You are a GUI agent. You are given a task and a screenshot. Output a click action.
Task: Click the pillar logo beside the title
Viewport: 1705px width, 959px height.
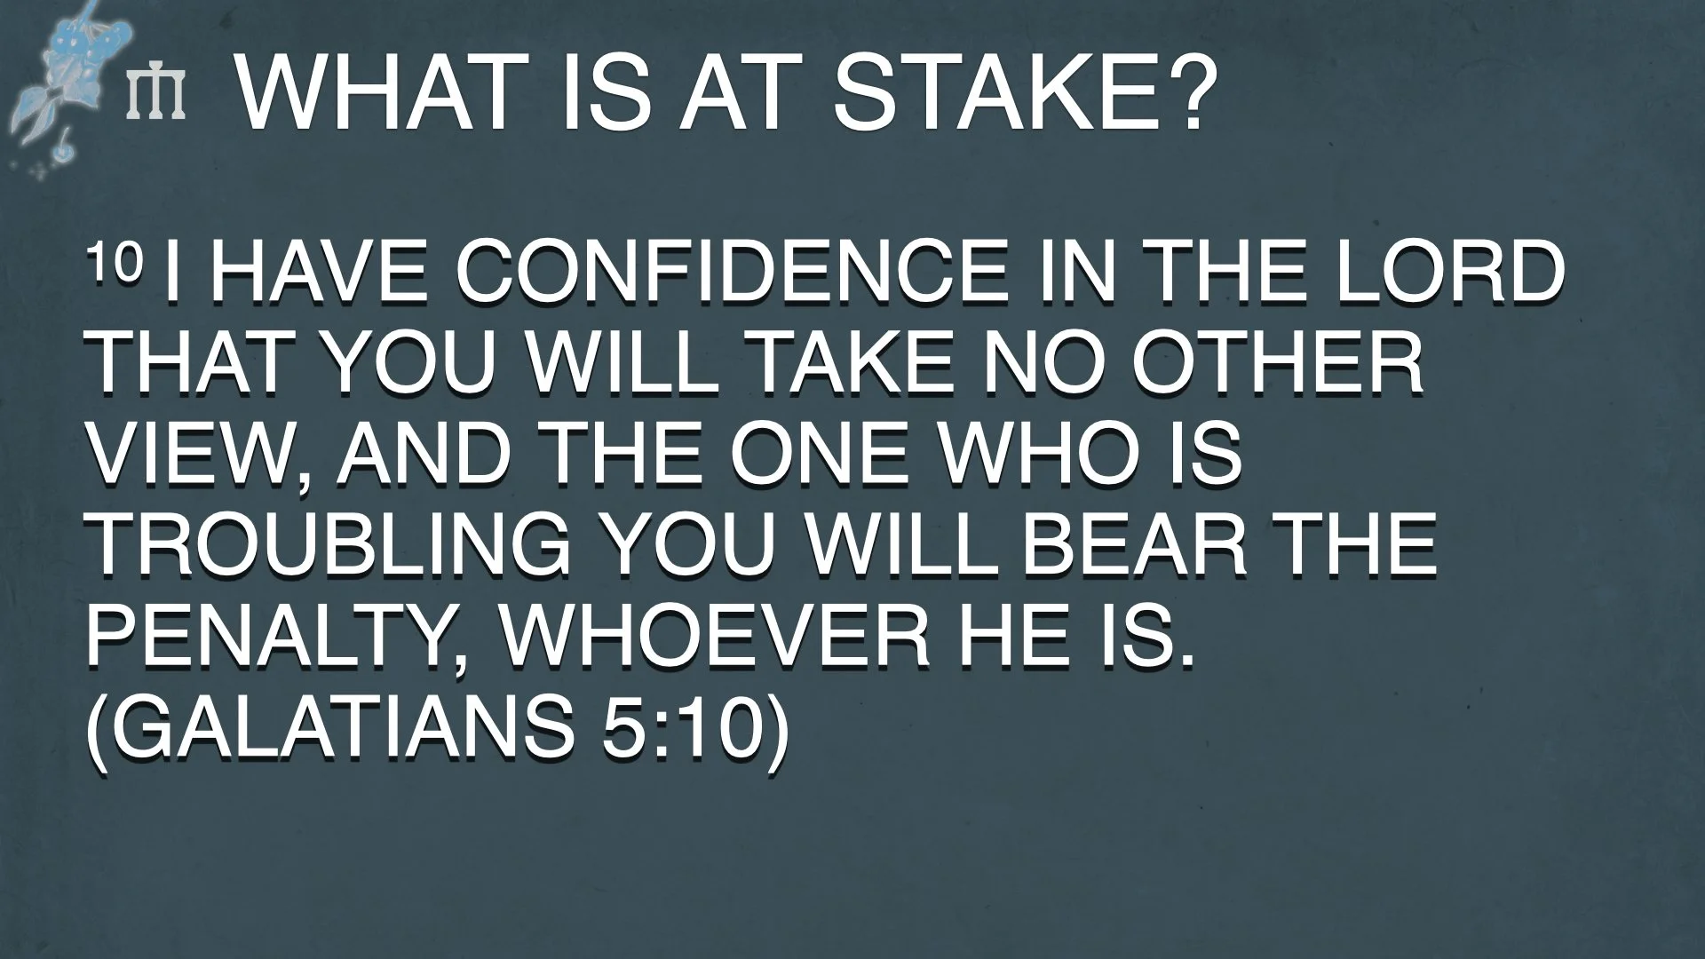[x=156, y=95]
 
